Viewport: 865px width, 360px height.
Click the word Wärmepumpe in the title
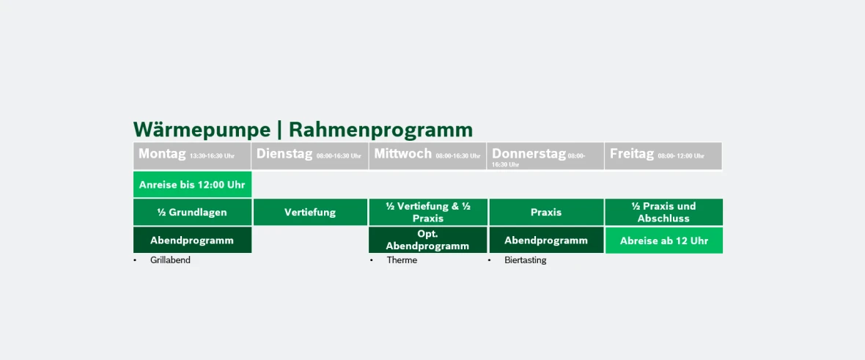(x=202, y=130)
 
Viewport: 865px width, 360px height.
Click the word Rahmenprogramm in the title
(x=380, y=130)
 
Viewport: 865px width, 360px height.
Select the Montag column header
(x=192, y=155)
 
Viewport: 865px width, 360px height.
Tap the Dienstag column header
(x=309, y=155)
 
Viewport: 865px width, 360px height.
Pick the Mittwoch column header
(x=427, y=155)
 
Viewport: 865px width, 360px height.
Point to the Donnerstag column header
(x=545, y=155)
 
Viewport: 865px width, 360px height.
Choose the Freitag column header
(x=663, y=155)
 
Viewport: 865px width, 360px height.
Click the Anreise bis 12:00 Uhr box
(x=192, y=185)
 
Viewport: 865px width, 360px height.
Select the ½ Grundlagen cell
(x=192, y=212)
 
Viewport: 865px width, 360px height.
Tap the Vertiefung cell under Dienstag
(x=310, y=212)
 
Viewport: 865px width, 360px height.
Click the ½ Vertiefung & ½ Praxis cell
(x=427, y=212)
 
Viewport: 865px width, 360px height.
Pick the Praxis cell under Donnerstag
(x=546, y=212)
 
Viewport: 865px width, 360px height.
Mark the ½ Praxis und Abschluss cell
(x=663, y=212)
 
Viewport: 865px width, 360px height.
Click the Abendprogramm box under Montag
(x=192, y=240)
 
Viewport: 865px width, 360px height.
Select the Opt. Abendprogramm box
(x=427, y=240)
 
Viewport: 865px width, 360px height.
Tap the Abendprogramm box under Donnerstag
(x=546, y=240)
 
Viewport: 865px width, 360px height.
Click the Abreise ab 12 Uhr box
(x=663, y=240)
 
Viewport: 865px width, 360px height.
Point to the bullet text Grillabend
(x=170, y=260)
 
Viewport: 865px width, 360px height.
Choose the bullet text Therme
(x=402, y=260)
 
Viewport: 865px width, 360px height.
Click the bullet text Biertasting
(x=525, y=260)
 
